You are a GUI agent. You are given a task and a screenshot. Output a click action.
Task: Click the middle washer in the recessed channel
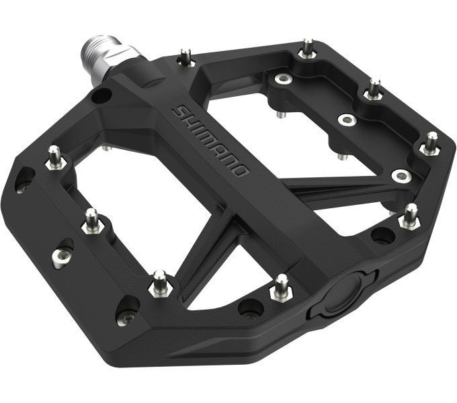(x=347, y=120)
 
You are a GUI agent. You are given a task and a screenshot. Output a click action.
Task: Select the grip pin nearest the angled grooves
(x=159, y=282)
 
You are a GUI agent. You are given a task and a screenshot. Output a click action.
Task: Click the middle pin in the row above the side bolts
(x=91, y=221)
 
